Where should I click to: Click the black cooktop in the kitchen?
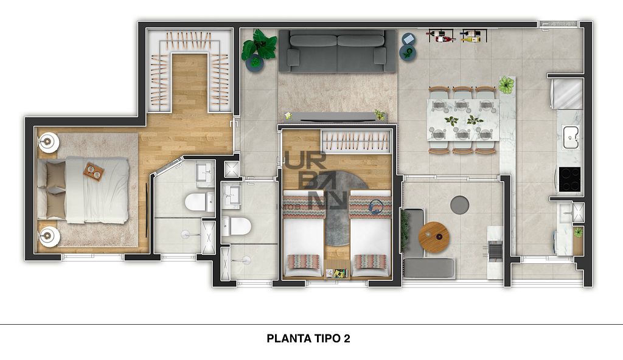tap(569, 179)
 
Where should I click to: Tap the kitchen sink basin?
tap(571, 137)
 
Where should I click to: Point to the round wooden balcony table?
tap(434, 237)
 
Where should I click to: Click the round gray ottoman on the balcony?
tap(460, 205)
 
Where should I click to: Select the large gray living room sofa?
tap(337, 51)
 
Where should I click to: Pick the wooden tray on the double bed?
tap(94, 171)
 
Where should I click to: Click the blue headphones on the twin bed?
tap(375, 207)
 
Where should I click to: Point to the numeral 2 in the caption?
tap(347, 339)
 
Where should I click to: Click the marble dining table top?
tap(463, 120)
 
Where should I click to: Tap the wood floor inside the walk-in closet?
tap(190, 83)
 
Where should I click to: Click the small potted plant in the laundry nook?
tap(578, 232)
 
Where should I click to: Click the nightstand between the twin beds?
tap(337, 270)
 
